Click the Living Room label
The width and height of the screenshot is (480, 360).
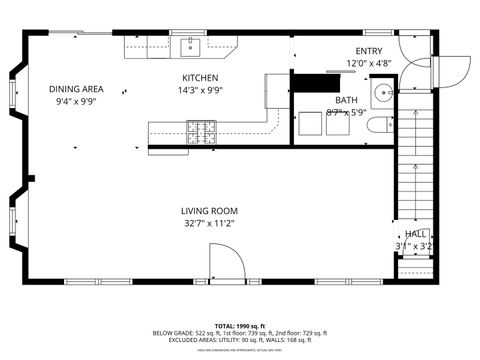click(x=209, y=211)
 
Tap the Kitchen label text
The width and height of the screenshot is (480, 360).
click(x=200, y=78)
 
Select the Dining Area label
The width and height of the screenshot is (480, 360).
click(x=77, y=89)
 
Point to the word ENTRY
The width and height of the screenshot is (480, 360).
click(x=369, y=52)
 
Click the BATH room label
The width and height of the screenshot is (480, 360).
click(x=346, y=100)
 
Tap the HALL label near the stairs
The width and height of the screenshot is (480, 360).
click(x=414, y=233)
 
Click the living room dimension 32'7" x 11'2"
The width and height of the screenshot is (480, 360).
click(x=209, y=224)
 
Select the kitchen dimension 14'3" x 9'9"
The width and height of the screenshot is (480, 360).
click(x=201, y=90)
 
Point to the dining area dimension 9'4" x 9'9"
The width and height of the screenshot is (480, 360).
click(x=76, y=101)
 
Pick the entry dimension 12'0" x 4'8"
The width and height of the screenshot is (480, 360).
click(x=369, y=64)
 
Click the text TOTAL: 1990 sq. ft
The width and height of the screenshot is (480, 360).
click(x=240, y=326)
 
